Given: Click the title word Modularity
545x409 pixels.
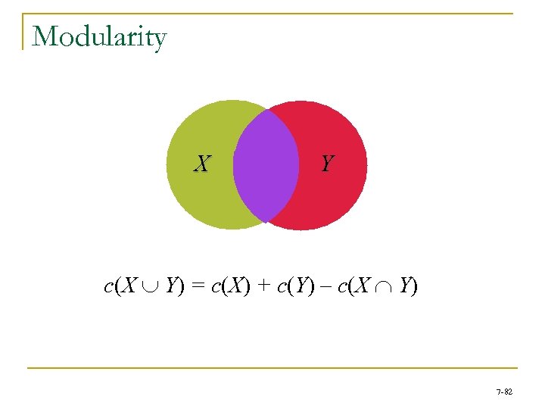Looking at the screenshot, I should (99, 36).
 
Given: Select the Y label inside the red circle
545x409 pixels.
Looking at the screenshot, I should (327, 164).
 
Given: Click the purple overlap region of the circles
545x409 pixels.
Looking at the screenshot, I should (266, 165).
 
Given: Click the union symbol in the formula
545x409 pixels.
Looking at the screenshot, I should (152, 287).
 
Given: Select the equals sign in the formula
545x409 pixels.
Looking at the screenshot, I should (198, 286).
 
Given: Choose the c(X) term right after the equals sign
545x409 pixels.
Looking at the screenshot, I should (230, 286).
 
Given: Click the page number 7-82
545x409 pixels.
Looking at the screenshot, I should (503, 392).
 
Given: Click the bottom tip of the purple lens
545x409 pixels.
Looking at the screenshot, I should (266, 221).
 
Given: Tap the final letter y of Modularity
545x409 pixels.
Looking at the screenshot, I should (158, 39).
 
